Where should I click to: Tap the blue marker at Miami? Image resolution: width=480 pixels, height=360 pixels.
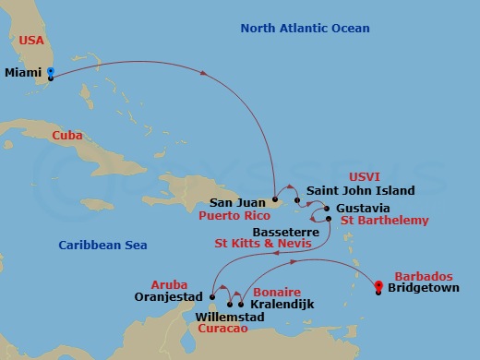point(50,72)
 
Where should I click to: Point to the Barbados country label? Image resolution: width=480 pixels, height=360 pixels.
point(423,276)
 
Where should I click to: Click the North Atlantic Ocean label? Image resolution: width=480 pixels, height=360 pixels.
point(305,29)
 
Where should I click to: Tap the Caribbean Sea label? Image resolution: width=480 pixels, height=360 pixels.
point(102,245)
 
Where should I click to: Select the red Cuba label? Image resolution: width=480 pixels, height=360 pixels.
point(66,136)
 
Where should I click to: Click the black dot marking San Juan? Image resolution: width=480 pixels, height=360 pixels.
point(275,198)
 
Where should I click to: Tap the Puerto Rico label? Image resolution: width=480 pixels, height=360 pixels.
point(234,215)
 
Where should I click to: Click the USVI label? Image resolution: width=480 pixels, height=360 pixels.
point(364,175)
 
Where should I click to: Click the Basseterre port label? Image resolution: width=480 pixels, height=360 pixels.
point(285,232)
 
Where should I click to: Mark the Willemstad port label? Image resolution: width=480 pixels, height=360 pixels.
point(230,318)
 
